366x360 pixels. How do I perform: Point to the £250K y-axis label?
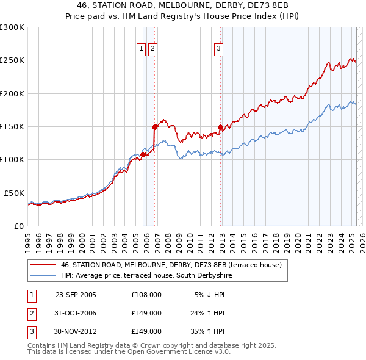(12, 60)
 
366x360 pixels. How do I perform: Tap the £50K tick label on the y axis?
(14, 193)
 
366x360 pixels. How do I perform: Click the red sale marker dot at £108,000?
(143, 154)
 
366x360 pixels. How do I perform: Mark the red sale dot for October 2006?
(155, 127)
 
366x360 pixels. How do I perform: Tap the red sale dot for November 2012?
(221, 127)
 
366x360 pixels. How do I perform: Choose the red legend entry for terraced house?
(171, 265)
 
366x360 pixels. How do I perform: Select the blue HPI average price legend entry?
(146, 276)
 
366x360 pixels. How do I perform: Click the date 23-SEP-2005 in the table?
(76, 294)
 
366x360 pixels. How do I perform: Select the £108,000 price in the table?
(146, 294)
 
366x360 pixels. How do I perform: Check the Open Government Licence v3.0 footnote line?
(129, 352)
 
